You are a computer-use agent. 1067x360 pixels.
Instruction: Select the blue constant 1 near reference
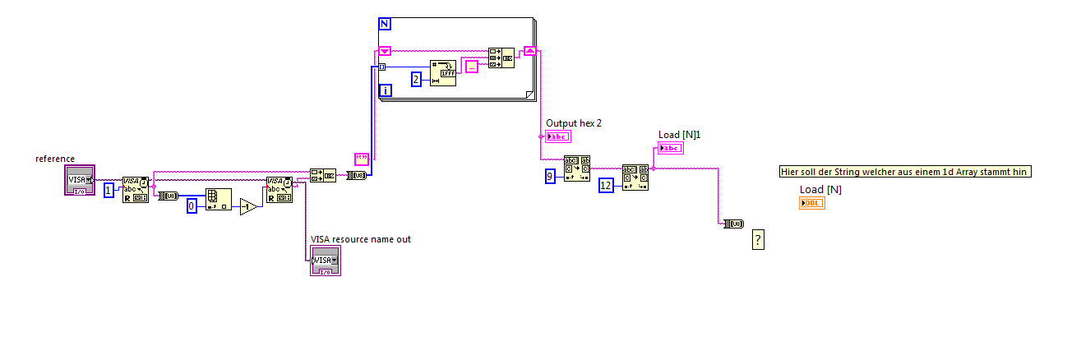tap(109, 190)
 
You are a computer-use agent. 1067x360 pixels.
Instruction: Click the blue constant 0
tap(192, 206)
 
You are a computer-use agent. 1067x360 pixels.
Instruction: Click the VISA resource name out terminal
tap(325, 261)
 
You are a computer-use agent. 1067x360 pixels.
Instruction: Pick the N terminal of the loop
tap(384, 24)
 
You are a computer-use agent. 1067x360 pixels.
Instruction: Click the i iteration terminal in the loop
tap(386, 91)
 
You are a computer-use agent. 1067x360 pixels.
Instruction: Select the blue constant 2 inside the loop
tap(416, 80)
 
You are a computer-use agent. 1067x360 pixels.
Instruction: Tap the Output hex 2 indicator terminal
tap(558, 136)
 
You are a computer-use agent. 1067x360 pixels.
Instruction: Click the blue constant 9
tap(550, 176)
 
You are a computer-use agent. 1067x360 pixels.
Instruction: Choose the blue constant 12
tap(607, 185)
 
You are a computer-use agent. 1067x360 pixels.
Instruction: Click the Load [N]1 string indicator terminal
tap(670, 148)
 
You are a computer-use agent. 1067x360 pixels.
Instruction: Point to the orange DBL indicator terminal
tap(811, 203)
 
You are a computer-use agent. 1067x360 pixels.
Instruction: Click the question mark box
tap(758, 239)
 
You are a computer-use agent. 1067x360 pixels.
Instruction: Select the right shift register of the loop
tap(530, 51)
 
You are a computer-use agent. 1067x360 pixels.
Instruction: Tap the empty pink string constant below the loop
tap(361, 158)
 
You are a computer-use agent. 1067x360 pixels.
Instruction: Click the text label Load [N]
tap(820, 190)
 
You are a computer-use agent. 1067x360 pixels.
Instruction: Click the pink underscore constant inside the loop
tap(471, 67)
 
